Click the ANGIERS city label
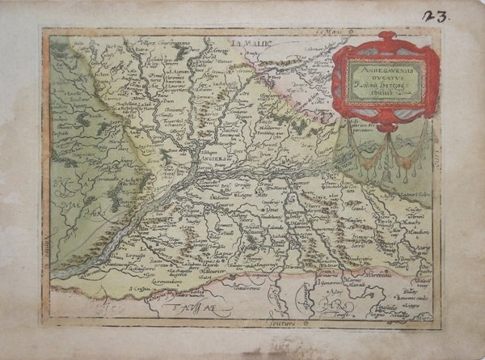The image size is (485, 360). pyautogui.click(x=214, y=159)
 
